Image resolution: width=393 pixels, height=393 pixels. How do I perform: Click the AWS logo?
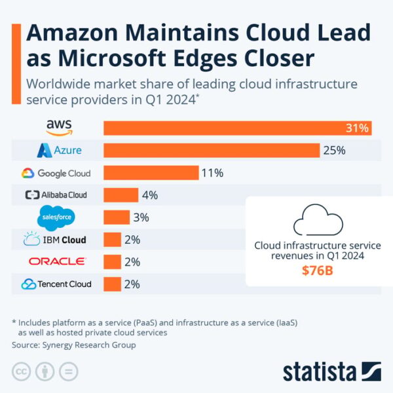(59, 127)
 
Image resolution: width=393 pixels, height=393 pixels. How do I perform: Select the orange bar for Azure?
(211, 150)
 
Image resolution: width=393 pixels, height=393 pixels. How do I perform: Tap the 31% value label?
(358, 128)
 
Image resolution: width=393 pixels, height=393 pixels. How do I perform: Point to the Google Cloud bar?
(151, 173)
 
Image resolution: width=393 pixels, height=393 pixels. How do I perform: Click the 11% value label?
(213, 173)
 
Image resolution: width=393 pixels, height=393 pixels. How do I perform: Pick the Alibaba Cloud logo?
(56, 195)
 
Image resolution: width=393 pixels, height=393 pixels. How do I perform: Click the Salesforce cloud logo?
(56, 217)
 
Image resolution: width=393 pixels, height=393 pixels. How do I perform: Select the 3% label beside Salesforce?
(141, 217)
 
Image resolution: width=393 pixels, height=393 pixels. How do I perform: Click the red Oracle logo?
(56, 261)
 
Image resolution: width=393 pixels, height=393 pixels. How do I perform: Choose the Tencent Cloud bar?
(112, 284)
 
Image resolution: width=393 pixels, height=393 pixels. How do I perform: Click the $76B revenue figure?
(317, 271)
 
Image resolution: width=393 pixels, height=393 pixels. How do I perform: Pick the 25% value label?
(333, 150)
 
